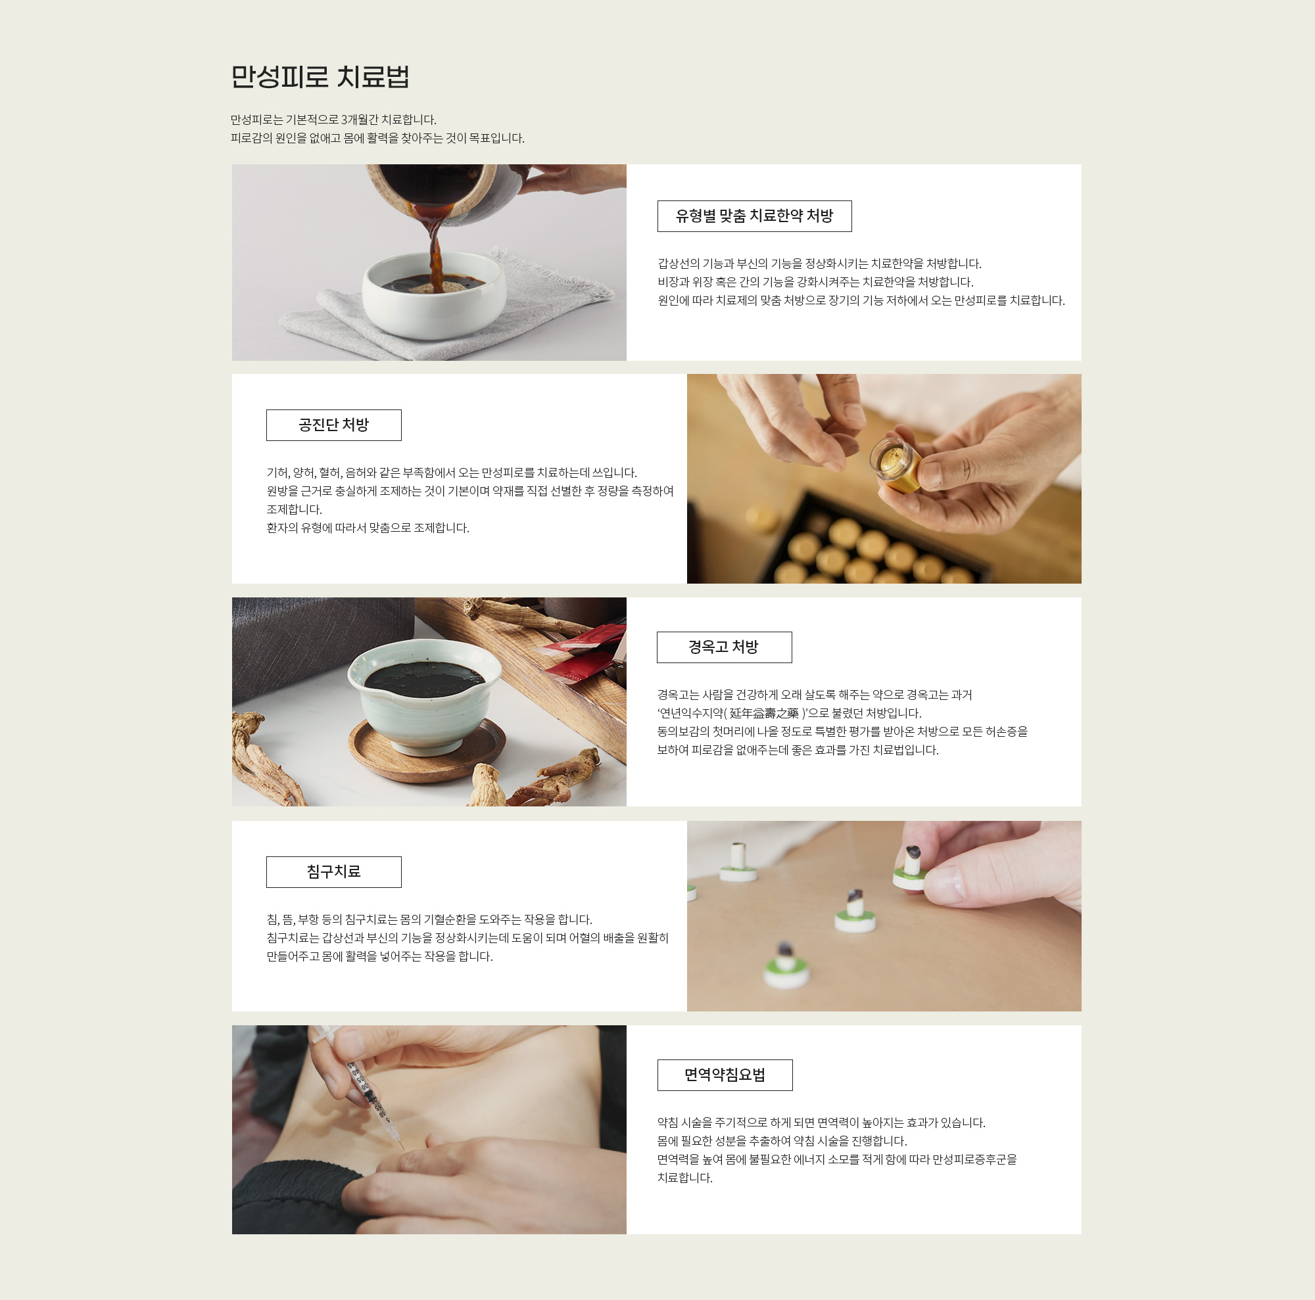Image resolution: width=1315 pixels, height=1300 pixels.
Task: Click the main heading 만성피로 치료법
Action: point(320,76)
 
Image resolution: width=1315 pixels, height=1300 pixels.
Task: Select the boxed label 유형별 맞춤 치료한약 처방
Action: point(754,216)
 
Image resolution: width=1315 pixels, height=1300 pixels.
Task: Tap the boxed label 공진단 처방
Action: point(333,425)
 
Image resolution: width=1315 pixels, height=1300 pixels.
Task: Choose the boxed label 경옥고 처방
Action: point(724,647)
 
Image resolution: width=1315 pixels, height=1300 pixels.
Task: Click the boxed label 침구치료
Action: point(333,871)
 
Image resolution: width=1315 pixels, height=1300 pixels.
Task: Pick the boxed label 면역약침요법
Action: point(725,1075)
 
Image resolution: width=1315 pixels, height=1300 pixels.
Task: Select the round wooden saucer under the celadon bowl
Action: point(427,751)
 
